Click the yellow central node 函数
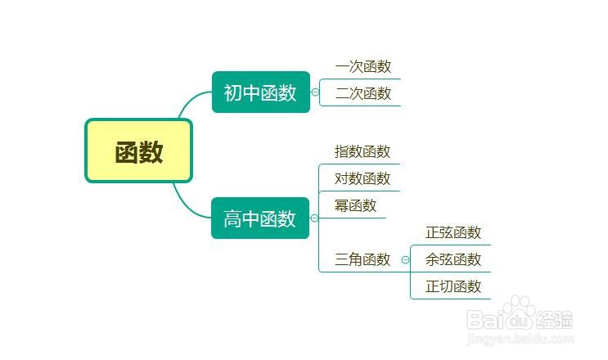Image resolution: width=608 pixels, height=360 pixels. coord(139,151)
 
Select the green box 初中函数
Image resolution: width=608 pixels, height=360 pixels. coord(261,92)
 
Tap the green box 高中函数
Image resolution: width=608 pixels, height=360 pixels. coord(260,218)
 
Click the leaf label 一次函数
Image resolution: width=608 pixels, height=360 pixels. coord(363,66)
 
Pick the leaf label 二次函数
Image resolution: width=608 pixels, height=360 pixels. coord(363,93)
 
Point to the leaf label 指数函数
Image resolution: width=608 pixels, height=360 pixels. coord(363,151)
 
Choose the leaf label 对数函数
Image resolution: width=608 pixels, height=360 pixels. coord(363,178)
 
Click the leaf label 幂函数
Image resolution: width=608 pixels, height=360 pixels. coord(356,205)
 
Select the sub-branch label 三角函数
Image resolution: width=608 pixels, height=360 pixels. coord(363,259)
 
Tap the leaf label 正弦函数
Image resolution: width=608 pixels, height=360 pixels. coord(453,232)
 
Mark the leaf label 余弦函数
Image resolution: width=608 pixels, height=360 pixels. coord(453,259)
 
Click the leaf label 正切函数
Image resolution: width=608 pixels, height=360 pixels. coord(453,286)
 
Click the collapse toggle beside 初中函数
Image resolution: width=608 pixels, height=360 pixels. coord(315,92)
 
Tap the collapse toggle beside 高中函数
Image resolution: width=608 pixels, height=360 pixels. coord(314,218)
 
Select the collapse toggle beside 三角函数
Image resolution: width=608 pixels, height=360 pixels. coord(405,259)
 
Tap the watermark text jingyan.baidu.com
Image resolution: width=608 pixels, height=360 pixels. coord(520,339)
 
